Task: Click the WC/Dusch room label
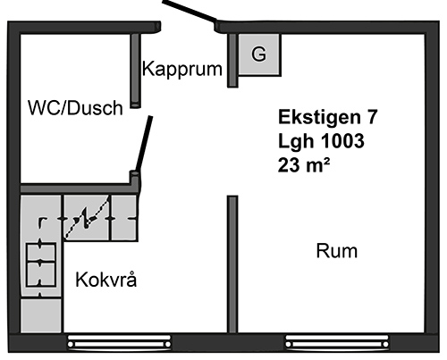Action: (x=75, y=108)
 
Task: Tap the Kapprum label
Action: (x=182, y=69)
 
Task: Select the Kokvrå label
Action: (x=106, y=280)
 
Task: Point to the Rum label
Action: (x=337, y=251)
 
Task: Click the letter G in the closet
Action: (x=258, y=54)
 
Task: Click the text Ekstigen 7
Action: (x=328, y=117)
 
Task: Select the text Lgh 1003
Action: (x=321, y=140)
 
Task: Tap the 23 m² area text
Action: (x=304, y=164)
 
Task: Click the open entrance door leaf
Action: (x=190, y=12)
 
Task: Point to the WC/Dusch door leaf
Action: (x=144, y=144)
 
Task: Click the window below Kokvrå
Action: (x=119, y=341)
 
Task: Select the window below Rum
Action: (x=337, y=341)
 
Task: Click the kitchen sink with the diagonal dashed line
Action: (x=87, y=217)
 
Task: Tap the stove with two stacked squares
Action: (x=41, y=264)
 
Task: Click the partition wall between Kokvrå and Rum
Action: (x=232, y=264)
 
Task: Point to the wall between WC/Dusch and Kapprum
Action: (x=136, y=71)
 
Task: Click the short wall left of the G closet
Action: (x=232, y=61)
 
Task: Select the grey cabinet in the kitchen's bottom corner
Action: (x=41, y=315)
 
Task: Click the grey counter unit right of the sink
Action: (x=124, y=218)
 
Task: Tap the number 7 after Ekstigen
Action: (x=373, y=117)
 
